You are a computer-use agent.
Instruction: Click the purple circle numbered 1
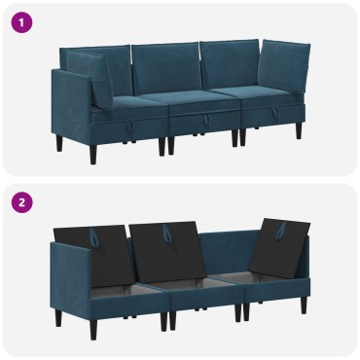21,22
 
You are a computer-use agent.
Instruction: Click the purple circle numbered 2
21,202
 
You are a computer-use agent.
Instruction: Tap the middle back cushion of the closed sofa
165,68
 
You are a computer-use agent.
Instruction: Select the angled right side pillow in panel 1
283,66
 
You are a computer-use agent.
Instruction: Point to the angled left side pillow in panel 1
90,78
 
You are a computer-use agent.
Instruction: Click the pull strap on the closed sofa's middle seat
206,122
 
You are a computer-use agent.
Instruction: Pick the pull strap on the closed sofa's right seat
276,113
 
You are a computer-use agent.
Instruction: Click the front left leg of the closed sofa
93,154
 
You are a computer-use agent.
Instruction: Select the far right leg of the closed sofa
299,130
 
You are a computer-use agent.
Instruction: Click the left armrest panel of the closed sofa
72,105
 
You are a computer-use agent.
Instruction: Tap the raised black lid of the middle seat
167,252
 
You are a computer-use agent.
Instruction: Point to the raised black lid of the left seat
92,256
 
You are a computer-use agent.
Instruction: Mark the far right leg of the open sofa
304,306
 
